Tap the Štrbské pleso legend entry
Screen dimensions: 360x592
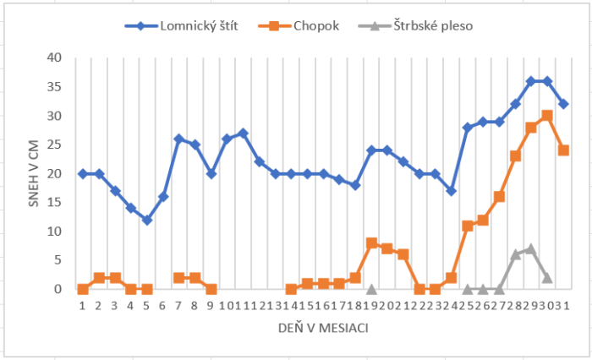click(x=432, y=25)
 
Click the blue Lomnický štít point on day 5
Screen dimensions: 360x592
click(x=147, y=220)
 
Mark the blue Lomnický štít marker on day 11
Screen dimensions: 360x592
click(x=243, y=134)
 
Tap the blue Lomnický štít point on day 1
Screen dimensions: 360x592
click(x=83, y=173)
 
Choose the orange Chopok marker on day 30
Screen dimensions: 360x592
click(x=547, y=116)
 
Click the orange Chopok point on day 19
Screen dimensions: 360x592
click(x=371, y=243)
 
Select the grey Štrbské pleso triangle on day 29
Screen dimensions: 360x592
click(x=531, y=248)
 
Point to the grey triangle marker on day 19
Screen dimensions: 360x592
click(x=371, y=289)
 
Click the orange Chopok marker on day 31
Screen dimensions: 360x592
click(x=563, y=150)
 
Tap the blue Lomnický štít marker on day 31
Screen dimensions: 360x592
click(x=563, y=104)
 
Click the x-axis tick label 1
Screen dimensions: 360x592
click(x=83, y=304)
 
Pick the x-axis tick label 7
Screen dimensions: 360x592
click(x=178, y=304)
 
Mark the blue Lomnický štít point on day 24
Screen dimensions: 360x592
click(x=452, y=191)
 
